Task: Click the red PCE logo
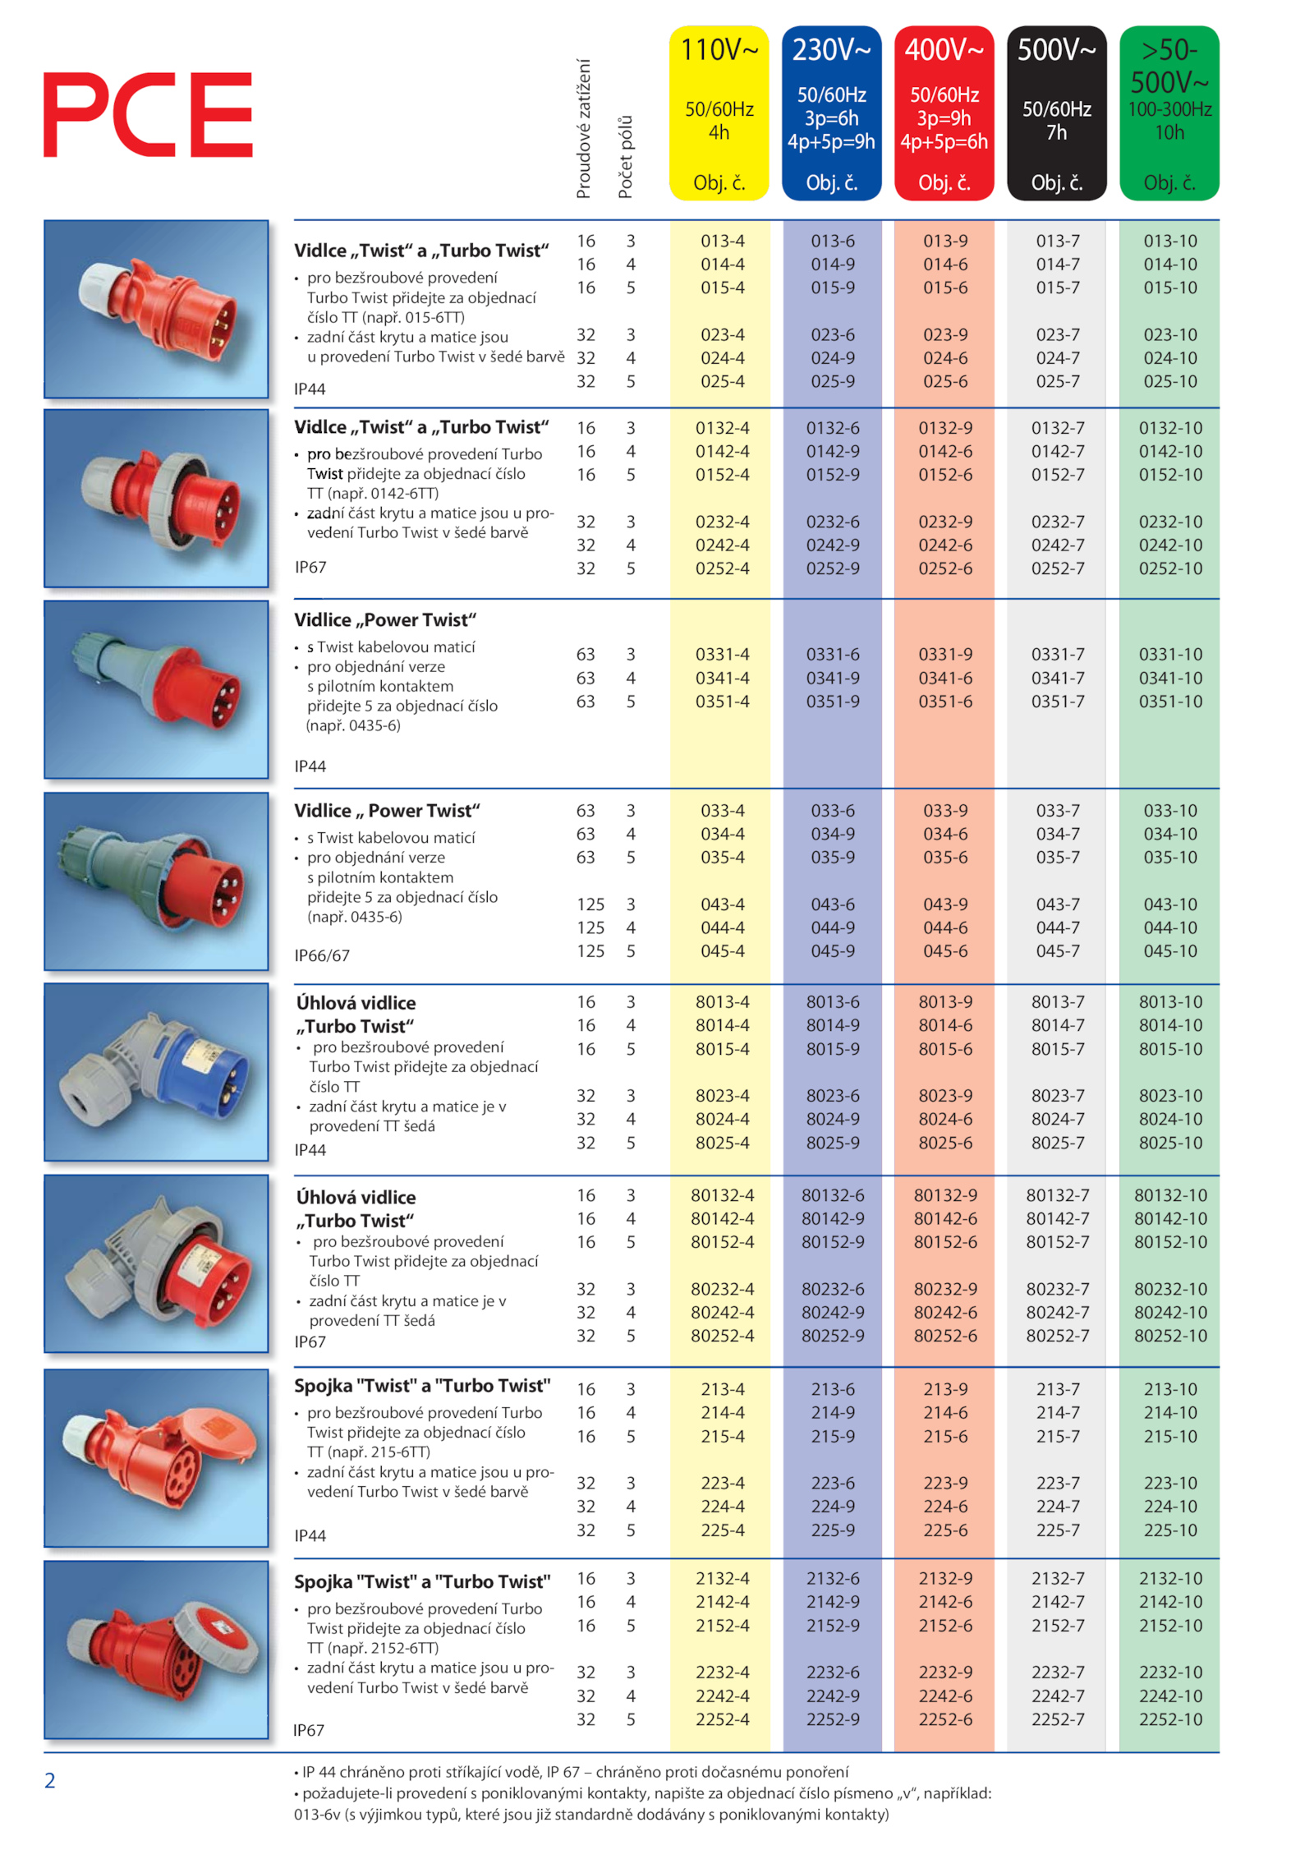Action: point(148,114)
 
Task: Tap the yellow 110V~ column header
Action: point(719,113)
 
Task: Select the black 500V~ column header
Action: point(1056,113)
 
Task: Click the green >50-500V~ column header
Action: point(1169,113)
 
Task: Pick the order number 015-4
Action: point(722,288)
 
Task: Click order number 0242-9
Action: point(832,545)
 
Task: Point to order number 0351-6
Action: point(944,701)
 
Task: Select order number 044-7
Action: point(1057,927)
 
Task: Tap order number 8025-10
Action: point(1169,1142)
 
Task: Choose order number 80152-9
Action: point(832,1241)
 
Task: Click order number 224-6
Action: point(944,1506)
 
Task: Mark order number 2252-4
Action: point(722,1719)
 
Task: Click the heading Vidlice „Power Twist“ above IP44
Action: point(385,619)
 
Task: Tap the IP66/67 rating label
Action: point(322,955)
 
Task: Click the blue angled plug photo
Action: point(156,1071)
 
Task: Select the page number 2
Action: point(49,1780)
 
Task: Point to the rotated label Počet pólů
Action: point(625,157)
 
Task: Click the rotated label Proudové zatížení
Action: point(583,128)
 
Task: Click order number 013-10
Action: point(1169,241)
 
